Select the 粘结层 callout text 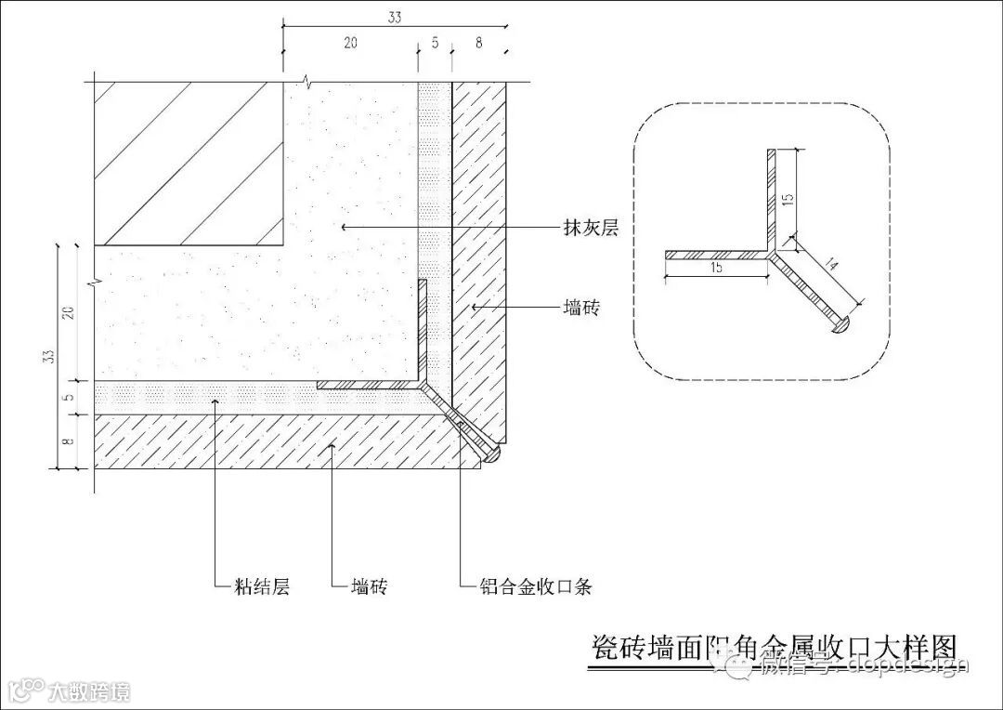tap(264, 586)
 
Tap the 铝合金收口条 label tap(536, 586)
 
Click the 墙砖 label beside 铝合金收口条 tap(369, 586)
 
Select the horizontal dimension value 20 tap(350, 43)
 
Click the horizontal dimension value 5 tap(435, 43)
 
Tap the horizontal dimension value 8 tap(478, 43)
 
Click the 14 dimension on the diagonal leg tap(829, 267)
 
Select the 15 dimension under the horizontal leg tap(716, 268)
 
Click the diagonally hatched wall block tap(189, 164)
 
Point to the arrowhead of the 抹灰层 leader tap(343, 227)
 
